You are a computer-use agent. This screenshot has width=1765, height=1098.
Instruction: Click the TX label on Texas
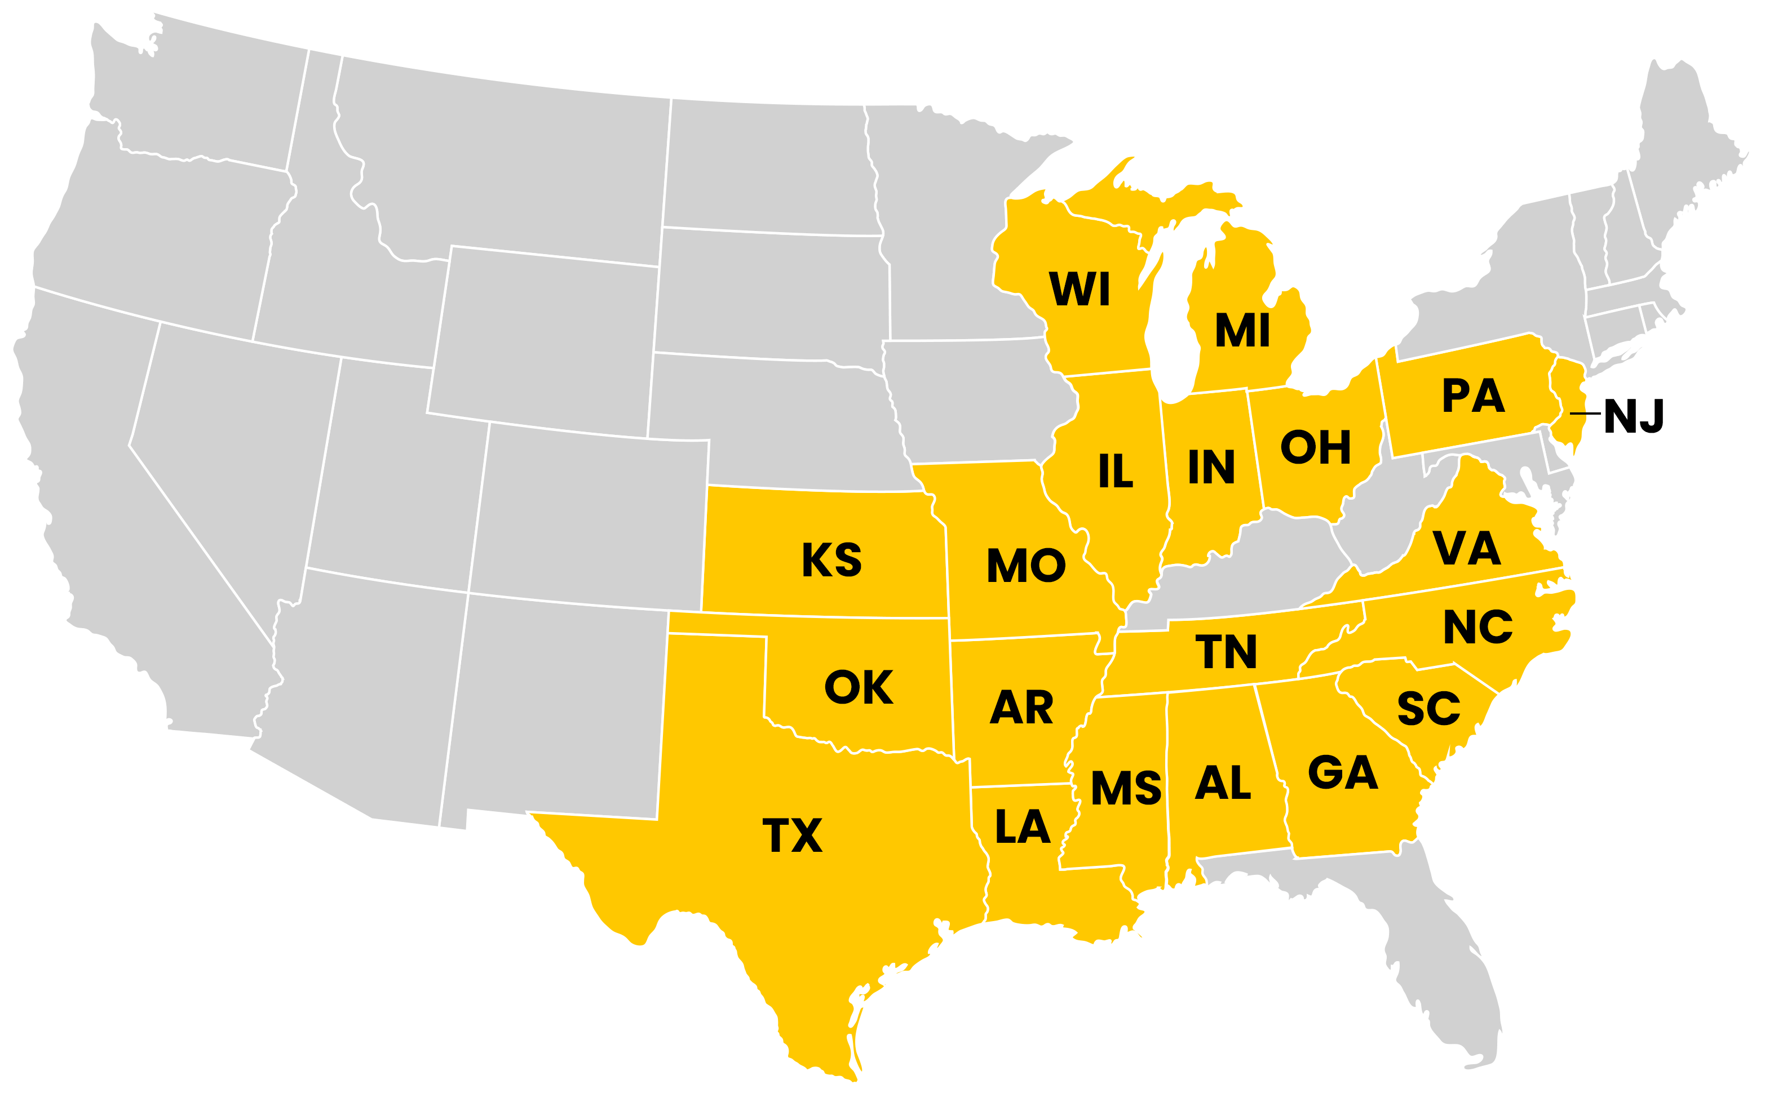tap(792, 835)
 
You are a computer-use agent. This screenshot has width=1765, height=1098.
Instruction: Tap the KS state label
tap(831, 560)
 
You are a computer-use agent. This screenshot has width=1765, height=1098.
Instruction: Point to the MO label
tap(1025, 566)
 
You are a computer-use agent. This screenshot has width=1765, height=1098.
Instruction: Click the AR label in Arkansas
tap(1021, 708)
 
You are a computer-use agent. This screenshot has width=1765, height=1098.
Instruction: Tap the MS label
tap(1126, 789)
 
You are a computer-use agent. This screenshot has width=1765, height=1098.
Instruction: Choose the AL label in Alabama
tap(1223, 783)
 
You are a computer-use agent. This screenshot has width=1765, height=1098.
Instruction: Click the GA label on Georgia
tap(1343, 773)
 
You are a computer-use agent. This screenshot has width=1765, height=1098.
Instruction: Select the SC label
tap(1428, 709)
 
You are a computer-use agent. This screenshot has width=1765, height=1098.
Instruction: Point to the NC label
tap(1478, 628)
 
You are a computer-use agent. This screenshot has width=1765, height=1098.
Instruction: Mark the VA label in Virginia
tap(1466, 548)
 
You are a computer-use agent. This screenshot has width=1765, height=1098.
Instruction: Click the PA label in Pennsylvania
tap(1473, 397)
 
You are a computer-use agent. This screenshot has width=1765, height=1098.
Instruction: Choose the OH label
tap(1315, 447)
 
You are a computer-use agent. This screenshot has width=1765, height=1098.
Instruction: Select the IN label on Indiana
tap(1211, 467)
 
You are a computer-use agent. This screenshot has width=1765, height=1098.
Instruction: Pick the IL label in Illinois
tap(1116, 472)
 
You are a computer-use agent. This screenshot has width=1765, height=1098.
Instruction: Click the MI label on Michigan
tap(1242, 331)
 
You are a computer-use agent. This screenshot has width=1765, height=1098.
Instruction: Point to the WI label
tap(1080, 289)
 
